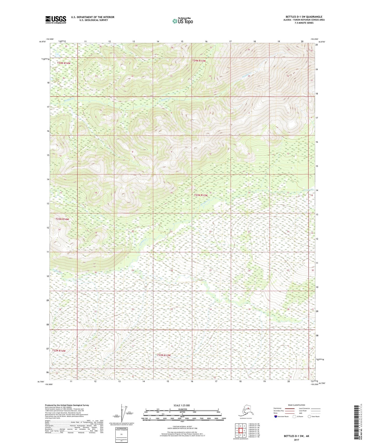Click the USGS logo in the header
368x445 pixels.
click(x=56, y=20)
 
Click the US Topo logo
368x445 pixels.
click(x=182, y=21)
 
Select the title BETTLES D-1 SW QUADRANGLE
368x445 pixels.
click(x=304, y=17)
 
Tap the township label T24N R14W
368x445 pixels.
click(x=64, y=63)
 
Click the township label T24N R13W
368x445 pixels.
click(x=199, y=61)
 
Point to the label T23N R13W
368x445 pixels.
click(x=201, y=195)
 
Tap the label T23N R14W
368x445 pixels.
click(x=62, y=219)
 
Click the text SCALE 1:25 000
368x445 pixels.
click(x=182, y=405)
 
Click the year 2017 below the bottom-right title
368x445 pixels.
click(x=296, y=440)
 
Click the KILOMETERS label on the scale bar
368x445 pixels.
click(x=182, y=409)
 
